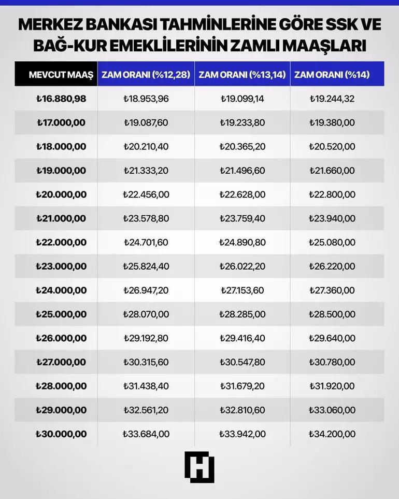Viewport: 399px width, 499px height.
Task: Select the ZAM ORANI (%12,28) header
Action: [145, 75]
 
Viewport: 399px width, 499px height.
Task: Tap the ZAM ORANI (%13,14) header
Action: [242, 75]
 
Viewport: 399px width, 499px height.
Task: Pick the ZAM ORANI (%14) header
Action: [332, 75]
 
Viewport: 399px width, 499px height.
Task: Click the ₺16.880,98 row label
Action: [61, 99]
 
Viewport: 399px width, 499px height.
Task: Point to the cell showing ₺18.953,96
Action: [146, 99]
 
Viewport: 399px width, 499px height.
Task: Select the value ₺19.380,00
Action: [332, 123]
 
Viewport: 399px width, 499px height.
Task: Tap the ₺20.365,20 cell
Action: [242, 147]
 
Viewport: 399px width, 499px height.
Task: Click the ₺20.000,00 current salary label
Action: [61, 195]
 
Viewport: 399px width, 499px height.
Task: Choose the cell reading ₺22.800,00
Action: [332, 195]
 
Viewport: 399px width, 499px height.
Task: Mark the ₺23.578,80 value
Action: [146, 218]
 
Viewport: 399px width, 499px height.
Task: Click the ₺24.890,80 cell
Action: [242, 242]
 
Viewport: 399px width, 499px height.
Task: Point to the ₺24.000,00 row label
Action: [61, 290]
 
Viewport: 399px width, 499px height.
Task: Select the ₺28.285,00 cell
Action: [242, 314]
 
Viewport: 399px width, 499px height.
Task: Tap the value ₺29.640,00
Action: [332, 338]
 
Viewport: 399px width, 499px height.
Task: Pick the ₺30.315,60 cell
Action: [146, 362]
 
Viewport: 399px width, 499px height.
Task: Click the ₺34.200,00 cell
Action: [332, 434]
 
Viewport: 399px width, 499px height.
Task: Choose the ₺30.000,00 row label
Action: [61, 434]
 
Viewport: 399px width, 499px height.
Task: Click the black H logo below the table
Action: [199, 467]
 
